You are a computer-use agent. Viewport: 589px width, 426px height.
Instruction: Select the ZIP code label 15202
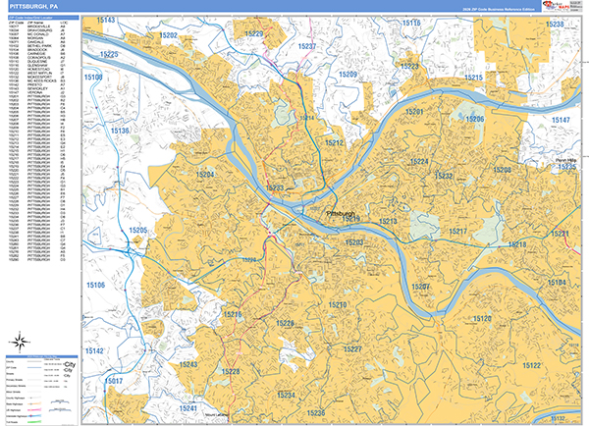(x=168, y=35)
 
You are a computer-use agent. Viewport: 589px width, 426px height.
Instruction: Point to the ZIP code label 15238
(x=555, y=24)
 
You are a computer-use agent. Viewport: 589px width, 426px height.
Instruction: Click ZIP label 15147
(x=560, y=120)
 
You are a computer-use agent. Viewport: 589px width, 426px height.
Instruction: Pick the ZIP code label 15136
(x=122, y=131)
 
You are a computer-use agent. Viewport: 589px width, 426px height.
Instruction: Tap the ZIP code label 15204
(x=204, y=174)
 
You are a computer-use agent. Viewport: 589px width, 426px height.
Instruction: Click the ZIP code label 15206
(x=475, y=119)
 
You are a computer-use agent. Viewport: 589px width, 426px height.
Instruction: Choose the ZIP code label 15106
(x=96, y=285)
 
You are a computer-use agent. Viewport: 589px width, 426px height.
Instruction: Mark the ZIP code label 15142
(x=95, y=350)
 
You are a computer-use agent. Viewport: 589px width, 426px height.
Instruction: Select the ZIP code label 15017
(x=115, y=380)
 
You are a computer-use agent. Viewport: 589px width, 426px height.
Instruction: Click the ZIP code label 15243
(x=188, y=364)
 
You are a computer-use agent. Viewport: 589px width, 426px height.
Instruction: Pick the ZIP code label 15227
(x=352, y=350)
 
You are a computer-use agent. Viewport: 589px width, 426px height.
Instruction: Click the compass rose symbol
(x=21, y=346)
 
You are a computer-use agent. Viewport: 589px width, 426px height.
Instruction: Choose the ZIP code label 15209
(x=348, y=75)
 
